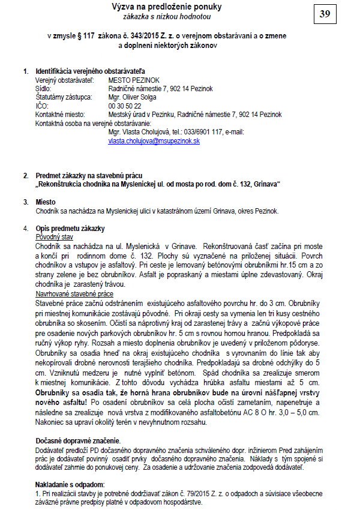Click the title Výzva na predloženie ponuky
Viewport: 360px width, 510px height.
coord(166,7)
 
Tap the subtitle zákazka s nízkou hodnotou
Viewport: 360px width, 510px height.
coord(166,17)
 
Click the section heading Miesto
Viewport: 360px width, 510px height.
coord(46,202)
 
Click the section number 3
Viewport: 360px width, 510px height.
coord(25,202)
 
